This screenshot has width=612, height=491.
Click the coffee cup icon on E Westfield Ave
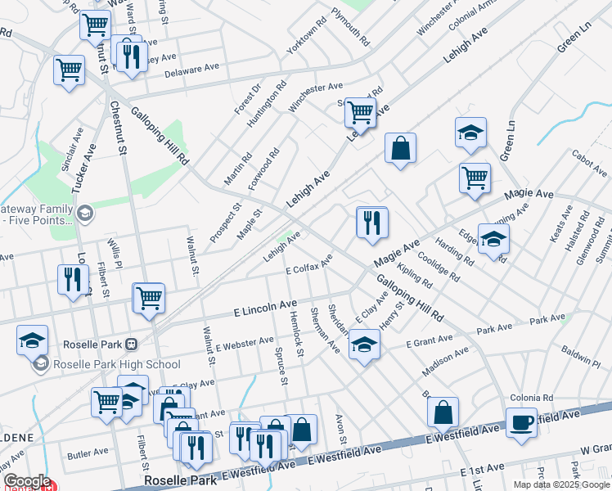coord(521,423)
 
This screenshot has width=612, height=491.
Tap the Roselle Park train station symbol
coord(131,344)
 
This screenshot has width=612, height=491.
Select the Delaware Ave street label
coord(192,70)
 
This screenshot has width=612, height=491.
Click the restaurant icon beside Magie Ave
coord(372,223)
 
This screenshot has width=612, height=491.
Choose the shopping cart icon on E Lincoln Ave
coord(149,299)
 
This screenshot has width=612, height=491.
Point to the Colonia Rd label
coord(532,398)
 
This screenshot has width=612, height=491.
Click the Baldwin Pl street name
coord(581,357)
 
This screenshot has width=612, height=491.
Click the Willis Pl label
coord(115,250)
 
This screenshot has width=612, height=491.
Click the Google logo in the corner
coord(27,481)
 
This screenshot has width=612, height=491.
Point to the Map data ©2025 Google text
coord(561,484)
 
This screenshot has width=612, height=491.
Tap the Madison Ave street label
coord(445,361)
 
